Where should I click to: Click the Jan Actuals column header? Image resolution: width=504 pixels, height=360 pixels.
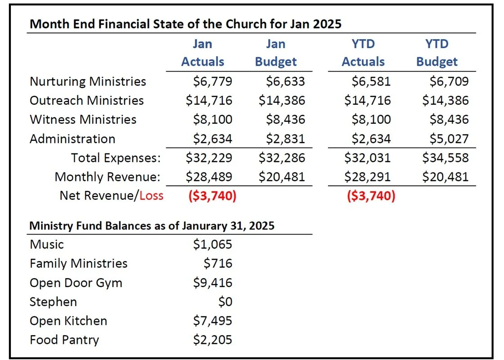click(202, 53)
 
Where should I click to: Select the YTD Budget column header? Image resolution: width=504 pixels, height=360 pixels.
click(437, 53)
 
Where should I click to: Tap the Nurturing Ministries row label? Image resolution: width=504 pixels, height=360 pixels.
click(88, 81)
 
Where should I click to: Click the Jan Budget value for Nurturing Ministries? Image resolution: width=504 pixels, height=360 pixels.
click(285, 81)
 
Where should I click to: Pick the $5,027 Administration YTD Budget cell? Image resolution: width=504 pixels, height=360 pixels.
click(449, 139)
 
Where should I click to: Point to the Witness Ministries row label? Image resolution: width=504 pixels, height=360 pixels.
click(83, 120)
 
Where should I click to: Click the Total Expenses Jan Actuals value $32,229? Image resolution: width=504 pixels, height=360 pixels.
click(209, 158)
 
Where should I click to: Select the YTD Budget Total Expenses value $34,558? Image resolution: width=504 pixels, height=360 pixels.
click(445, 158)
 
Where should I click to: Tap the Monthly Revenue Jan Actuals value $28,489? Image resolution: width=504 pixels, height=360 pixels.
click(209, 177)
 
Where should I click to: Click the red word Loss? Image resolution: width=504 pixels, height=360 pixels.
click(151, 196)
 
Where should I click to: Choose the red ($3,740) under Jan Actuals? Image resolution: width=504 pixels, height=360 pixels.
click(212, 196)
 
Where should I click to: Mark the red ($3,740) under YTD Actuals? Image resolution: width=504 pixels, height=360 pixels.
click(371, 196)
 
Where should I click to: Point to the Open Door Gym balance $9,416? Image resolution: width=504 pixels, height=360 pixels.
click(212, 283)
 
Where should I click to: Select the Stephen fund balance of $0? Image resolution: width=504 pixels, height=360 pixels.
click(225, 302)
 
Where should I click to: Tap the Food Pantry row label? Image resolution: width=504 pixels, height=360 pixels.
click(64, 340)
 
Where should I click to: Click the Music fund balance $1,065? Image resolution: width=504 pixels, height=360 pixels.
click(212, 245)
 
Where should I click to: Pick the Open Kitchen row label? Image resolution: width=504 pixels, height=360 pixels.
click(68, 321)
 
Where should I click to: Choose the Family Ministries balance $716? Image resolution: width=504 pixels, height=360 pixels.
click(218, 264)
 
